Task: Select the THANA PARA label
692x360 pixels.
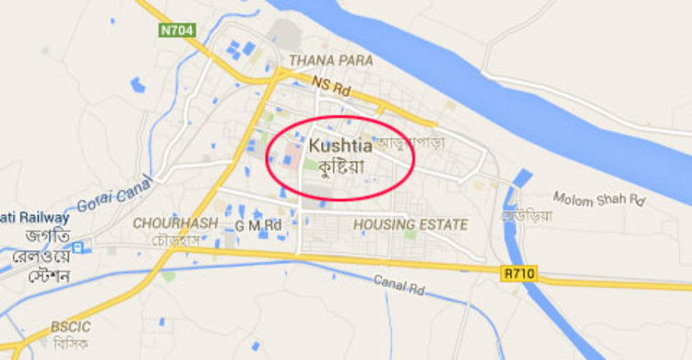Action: pos(330,61)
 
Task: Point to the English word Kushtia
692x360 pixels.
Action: pos(340,146)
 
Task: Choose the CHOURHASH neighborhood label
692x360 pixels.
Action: pos(175,223)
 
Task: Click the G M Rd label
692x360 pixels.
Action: pos(257,224)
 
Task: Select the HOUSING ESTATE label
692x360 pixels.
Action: pos(411,224)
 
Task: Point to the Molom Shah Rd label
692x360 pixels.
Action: pos(600,198)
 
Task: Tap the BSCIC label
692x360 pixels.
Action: pos(71,327)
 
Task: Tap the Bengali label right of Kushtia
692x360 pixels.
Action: pos(411,145)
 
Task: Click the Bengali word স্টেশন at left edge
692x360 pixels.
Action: pos(25,275)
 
